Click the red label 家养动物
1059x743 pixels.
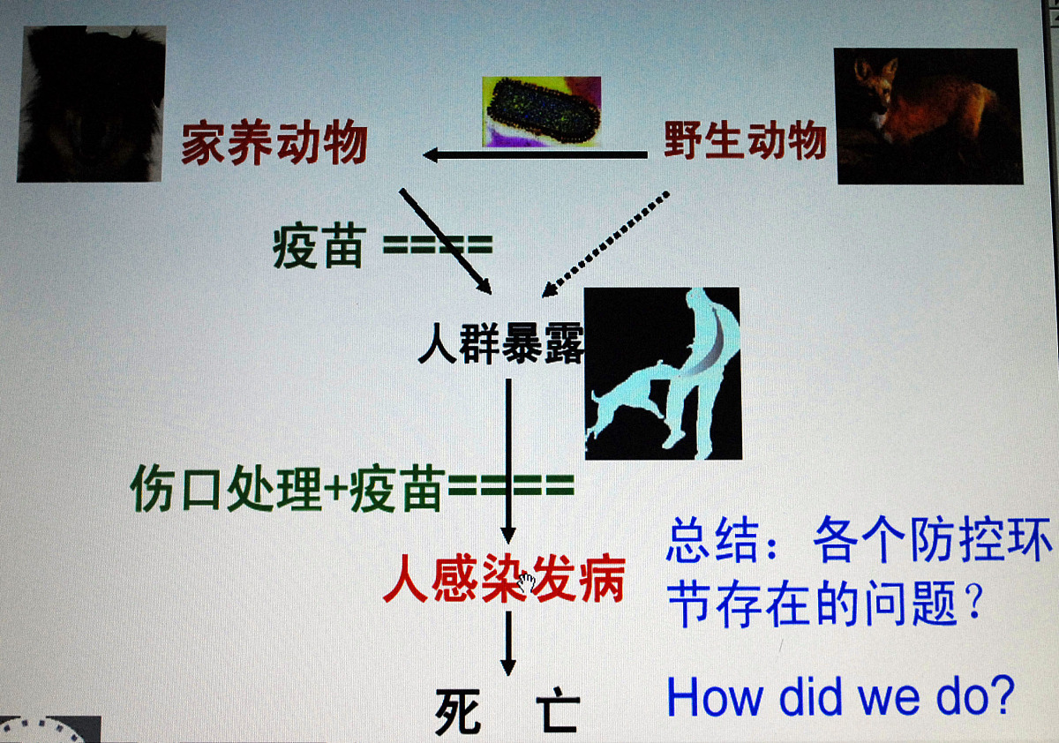(274, 145)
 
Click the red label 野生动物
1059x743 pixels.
(746, 140)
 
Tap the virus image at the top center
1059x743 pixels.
(541, 111)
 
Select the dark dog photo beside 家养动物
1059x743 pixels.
(91, 104)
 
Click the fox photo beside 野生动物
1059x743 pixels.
(928, 116)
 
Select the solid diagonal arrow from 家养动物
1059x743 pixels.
(446, 240)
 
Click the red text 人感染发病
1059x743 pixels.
(504, 581)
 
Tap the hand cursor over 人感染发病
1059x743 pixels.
(528, 582)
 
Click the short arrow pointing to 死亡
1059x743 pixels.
(507, 643)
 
